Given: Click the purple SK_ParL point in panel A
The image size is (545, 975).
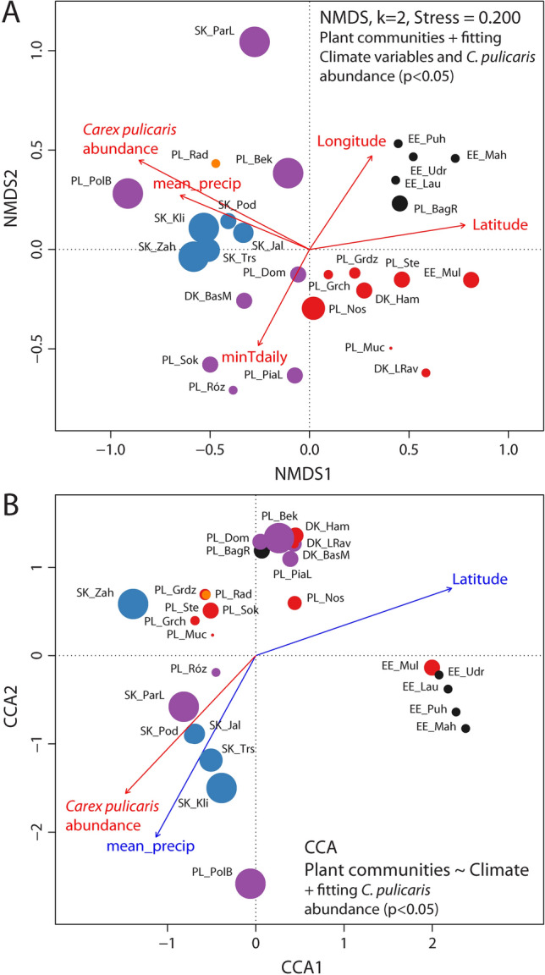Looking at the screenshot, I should pos(254,41).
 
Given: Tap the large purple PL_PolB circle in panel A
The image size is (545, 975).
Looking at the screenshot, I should pos(128,193).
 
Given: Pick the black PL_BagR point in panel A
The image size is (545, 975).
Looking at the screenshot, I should pos(399,203).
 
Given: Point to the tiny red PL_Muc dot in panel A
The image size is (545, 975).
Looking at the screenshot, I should pos(390,347).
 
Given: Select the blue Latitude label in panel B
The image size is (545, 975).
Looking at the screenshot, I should pos(479,579).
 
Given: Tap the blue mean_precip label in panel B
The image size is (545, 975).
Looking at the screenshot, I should pos(139,846).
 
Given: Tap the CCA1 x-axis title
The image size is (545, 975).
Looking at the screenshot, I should pos(256,963).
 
